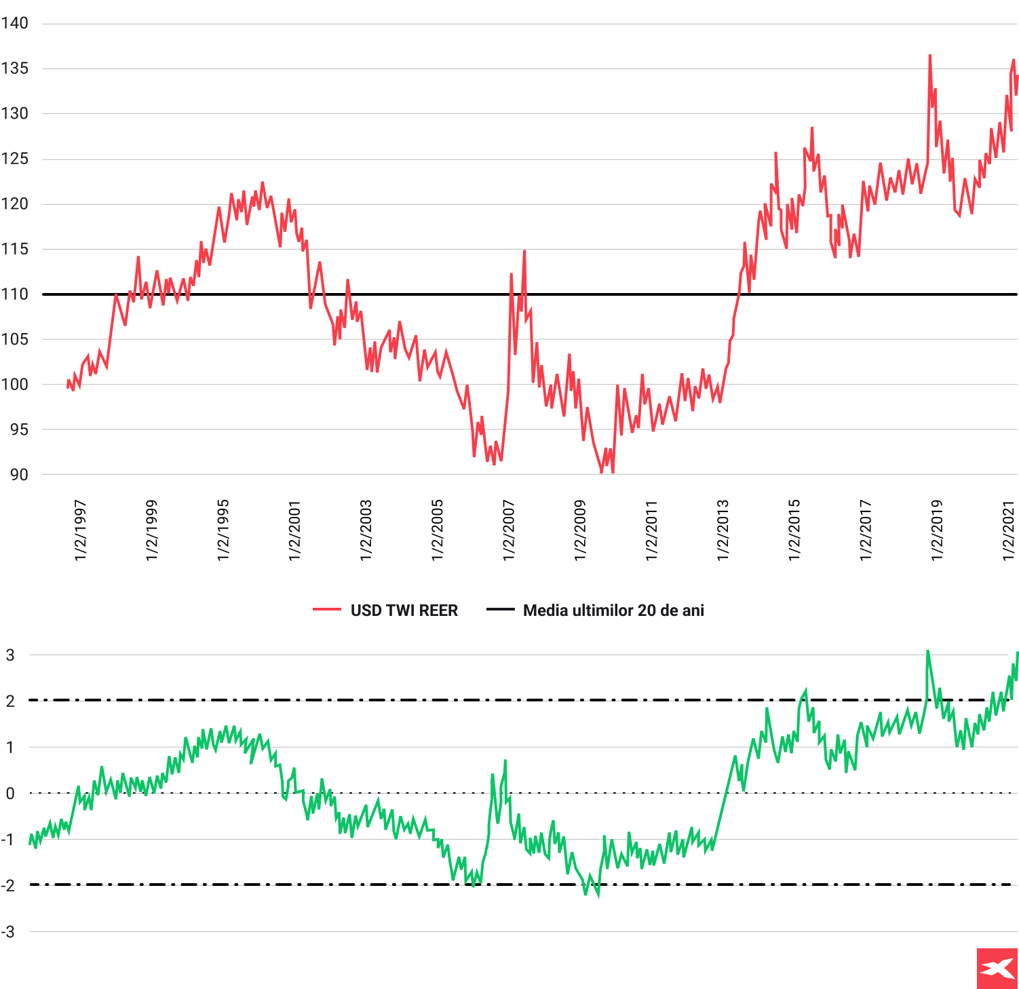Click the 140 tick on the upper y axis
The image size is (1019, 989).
click(x=14, y=23)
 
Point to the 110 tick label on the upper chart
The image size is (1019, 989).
click(x=14, y=294)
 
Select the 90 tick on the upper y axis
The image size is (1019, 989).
click(x=18, y=475)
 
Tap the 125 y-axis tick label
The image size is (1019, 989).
click(x=14, y=159)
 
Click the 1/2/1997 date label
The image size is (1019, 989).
click(x=80, y=530)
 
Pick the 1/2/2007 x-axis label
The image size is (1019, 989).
click(x=509, y=530)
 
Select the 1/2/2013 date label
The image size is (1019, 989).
click(x=723, y=530)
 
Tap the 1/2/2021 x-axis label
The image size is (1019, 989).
click(x=1009, y=530)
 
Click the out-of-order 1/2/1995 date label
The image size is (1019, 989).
click(x=223, y=530)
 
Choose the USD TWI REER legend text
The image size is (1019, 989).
click(x=404, y=610)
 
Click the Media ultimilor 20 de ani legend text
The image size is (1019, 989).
click(x=613, y=610)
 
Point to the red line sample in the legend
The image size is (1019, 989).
click(x=326, y=610)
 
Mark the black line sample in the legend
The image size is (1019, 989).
click(x=501, y=610)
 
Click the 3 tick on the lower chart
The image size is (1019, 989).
click(x=10, y=655)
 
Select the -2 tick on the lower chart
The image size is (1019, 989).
click(x=8, y=886)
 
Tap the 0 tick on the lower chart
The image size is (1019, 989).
click(x=10, y=794)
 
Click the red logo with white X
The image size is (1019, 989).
click(x=997, y=968)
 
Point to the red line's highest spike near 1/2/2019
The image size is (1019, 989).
click(x=929, y=56)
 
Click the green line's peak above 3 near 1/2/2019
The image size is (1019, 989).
click(x=927, y=651)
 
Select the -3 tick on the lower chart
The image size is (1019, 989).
click(x=8, y=932)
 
